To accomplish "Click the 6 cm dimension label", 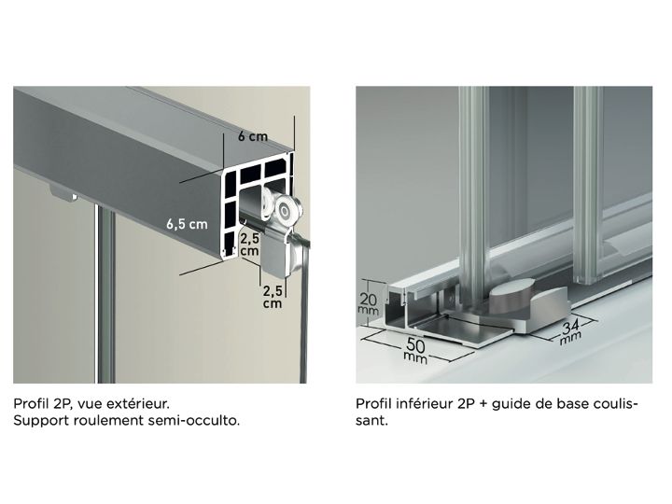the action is pos(253,136).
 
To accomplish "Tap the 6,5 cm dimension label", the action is pos(187,224).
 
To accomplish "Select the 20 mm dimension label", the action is pos(368,303).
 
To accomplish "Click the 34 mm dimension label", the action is pos(571,331).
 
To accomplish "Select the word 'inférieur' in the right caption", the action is pos(426,403).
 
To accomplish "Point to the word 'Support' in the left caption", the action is pos(41,421).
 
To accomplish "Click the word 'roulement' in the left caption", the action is pos(108,420).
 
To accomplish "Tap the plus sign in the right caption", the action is pos(483,404).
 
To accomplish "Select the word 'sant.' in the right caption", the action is pos(371,420).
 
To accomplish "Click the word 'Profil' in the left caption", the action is pos(32,403).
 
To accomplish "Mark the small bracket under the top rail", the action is pos(63,193).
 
